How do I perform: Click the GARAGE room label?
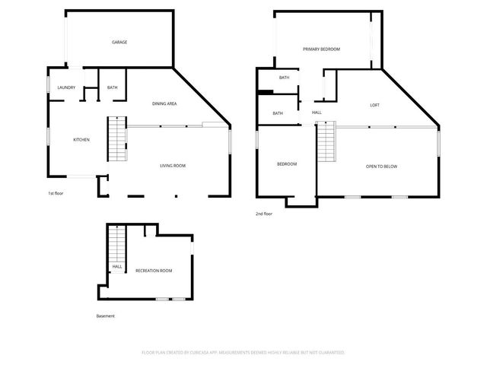pos(119,42)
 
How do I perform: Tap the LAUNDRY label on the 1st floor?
pos(66,87)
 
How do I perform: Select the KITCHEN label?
pos(81,139)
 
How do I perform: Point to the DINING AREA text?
pos(164,103)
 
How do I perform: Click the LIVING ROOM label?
pos(173,166)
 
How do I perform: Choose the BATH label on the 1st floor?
pos(112,87)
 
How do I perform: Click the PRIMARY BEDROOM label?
pos(321,49)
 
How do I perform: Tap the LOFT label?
pos(374,105)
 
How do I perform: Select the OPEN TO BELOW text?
pos(381,167)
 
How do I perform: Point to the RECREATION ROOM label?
pos(154,271)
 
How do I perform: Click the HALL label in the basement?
pos(117,267)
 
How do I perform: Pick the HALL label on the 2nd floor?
pos(317,113)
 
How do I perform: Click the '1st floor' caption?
pos(56,193)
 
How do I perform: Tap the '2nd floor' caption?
pos(264,214)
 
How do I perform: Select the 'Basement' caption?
pos(105,316)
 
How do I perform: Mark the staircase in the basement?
pos(116,245)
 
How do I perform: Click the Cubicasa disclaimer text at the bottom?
pos(243,352)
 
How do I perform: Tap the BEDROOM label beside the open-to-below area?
pos(286,164)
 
